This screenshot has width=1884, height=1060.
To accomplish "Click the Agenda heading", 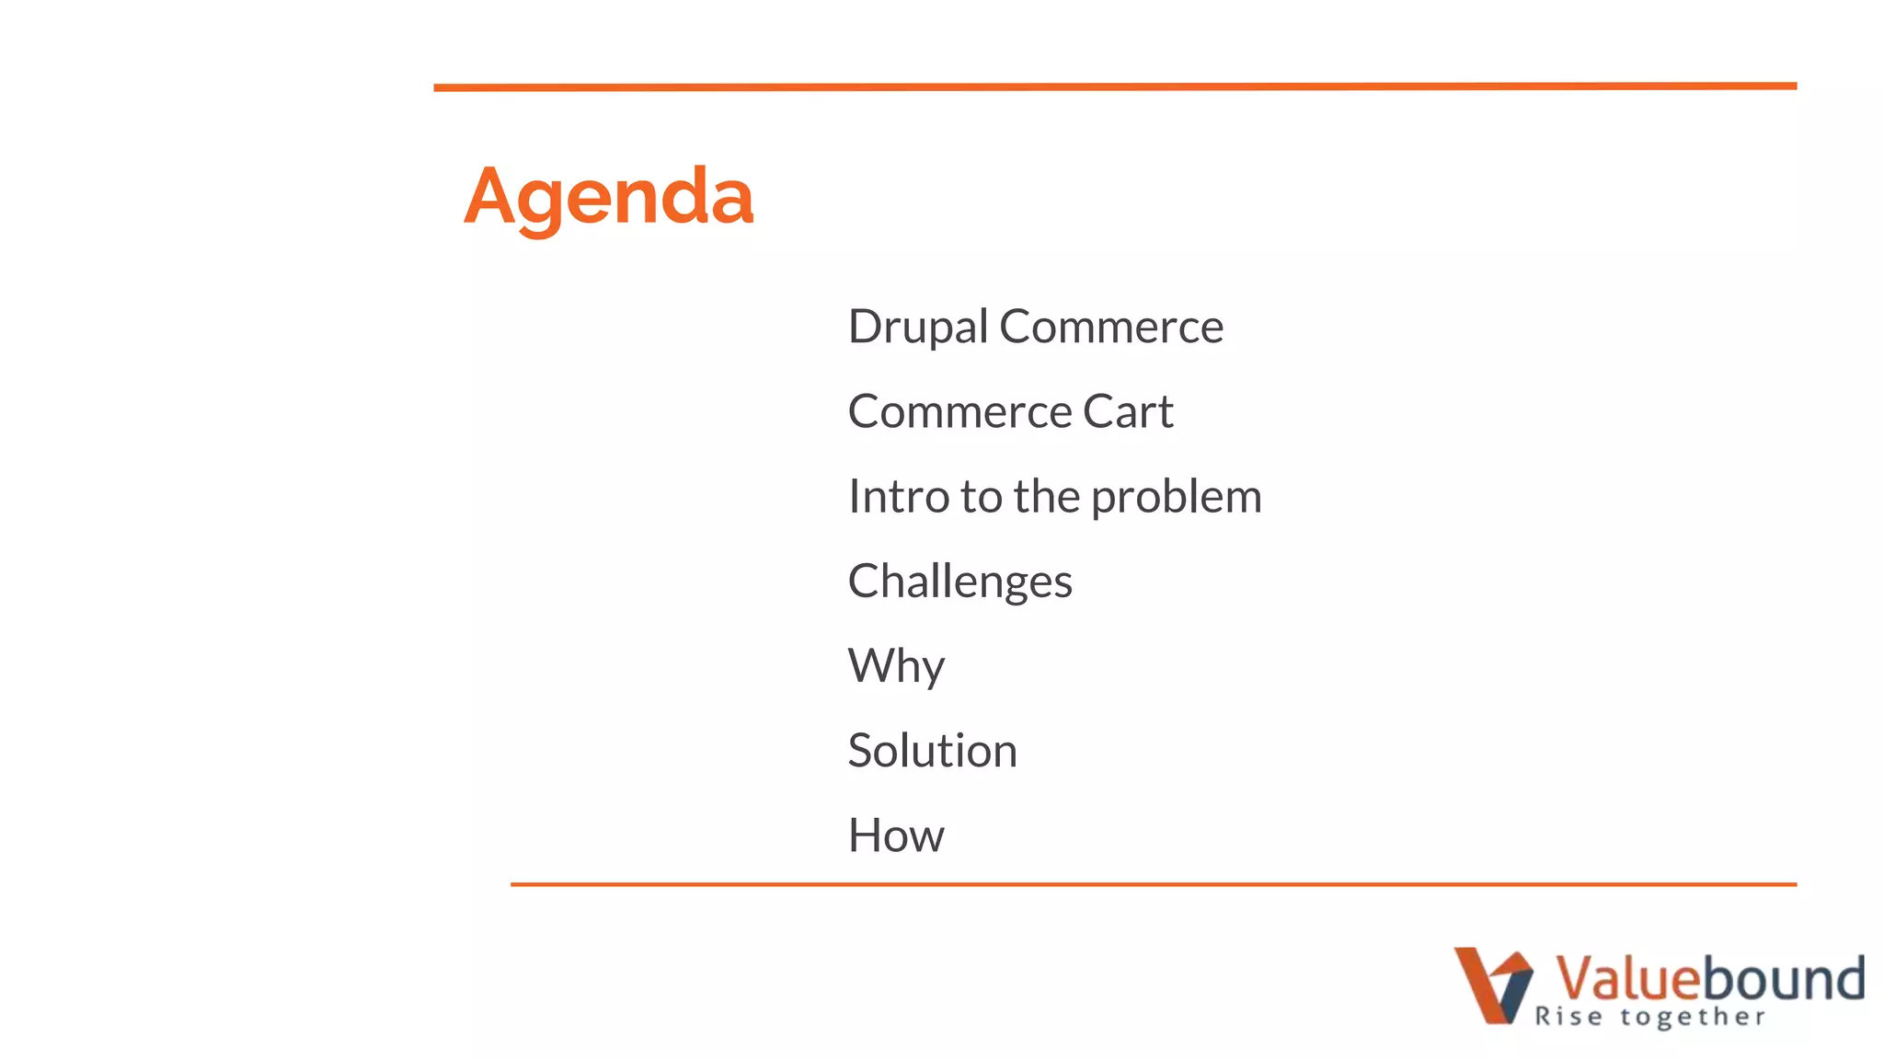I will tap(608, 197).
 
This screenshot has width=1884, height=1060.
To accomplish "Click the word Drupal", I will tap(917, 328).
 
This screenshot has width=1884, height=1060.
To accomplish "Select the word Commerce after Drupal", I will tap(1111, 328).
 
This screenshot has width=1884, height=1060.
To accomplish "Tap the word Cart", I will tap(1128, 411).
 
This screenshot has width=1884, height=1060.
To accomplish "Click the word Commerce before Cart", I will tap(959, 411).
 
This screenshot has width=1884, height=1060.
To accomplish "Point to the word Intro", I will tap(899, 497).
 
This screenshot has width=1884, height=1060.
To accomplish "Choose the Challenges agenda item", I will tap(959, 582).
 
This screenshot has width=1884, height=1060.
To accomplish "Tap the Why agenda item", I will tap(896, 666).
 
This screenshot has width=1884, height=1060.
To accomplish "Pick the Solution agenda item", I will tap(932, 751).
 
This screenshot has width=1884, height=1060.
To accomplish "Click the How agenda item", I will tap(896, 835).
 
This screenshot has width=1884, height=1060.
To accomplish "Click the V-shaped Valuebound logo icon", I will tap(1492, 985).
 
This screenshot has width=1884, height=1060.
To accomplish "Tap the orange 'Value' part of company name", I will tap(1625, 977).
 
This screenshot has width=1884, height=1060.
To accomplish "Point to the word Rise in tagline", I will tap(1568, 1017).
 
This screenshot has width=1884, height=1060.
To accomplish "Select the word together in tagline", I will tap(1693, 1017).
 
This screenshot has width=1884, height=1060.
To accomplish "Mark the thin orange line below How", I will tap(1154, 884).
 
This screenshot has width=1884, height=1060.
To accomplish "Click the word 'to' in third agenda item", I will tap(981, 498).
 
